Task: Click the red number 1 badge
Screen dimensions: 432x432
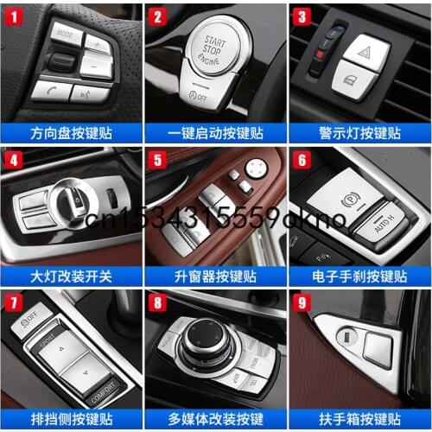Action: pos(13,15)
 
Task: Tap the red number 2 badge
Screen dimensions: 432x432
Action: pos(157,15)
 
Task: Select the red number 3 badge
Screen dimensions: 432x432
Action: pos(302,15)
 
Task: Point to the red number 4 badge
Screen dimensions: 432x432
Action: pos(13,159)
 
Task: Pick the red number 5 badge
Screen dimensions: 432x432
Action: pos(157,159)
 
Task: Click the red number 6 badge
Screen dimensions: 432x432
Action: pos(302,159)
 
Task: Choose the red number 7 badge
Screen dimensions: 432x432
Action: pos(13,303)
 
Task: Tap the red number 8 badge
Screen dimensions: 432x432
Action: pos(157,303)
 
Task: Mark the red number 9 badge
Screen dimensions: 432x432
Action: pos(302,303)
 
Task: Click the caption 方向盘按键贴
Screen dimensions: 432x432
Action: pos(71,132)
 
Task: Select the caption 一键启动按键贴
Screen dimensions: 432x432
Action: pos(215,132)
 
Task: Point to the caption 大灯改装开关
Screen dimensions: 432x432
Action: pos(71,276)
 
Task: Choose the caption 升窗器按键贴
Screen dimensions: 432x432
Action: pos(215,276)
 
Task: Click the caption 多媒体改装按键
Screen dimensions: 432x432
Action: pos(215,421)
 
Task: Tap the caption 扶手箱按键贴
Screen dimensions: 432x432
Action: pos(359,421)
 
